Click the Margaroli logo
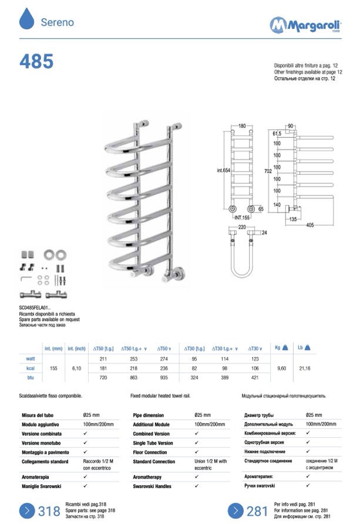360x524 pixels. tap(305, 25)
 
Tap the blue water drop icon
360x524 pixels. tap(27, 19)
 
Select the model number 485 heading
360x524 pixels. tap(36, 62)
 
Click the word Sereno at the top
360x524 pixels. tap(57, 22)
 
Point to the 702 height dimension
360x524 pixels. tap(268, 171)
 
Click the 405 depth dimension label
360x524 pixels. tap(310, 225)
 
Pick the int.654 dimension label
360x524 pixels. tap(224, 170)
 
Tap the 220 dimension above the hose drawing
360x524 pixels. tap(242, 227)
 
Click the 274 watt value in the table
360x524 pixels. tap(164, 359)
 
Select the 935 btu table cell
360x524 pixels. tap(164, 378)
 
